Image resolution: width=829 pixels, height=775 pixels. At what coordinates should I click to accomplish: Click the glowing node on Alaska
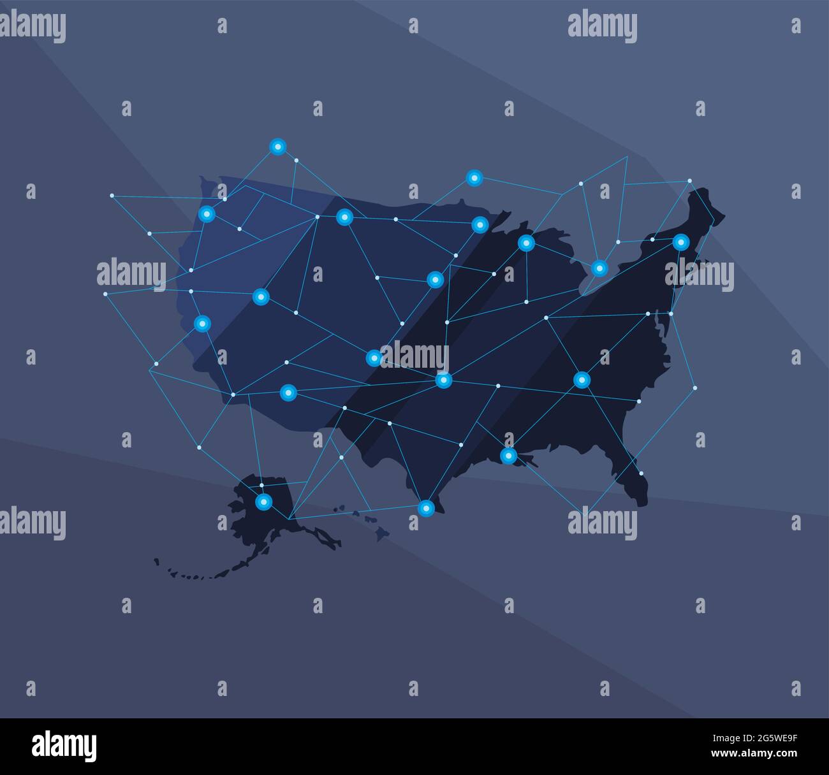263,502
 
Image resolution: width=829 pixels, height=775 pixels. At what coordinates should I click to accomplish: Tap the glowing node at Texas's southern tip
425,508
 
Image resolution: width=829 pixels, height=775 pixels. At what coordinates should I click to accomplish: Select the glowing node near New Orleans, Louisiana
508,456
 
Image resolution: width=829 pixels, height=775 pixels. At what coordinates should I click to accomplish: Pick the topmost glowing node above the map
277,147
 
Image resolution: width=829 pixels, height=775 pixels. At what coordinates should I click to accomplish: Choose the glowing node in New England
681,242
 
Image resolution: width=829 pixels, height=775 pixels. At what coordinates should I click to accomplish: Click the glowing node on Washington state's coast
207,214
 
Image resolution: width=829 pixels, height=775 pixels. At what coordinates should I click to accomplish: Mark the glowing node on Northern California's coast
202,324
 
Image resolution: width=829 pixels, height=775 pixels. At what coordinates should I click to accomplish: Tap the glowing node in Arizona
288,393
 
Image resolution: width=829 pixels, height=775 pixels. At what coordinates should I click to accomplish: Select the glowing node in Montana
344,217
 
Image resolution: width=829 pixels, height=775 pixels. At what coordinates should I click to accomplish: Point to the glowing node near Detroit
599,268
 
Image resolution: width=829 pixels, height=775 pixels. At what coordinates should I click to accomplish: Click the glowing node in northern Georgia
582,380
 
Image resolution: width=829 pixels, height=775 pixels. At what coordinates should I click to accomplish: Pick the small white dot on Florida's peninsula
642,474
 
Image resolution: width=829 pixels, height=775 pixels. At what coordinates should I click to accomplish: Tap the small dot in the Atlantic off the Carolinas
694,387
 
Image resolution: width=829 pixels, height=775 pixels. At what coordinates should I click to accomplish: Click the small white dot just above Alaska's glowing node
261,485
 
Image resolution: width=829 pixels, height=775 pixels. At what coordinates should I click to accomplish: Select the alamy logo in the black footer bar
64,746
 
